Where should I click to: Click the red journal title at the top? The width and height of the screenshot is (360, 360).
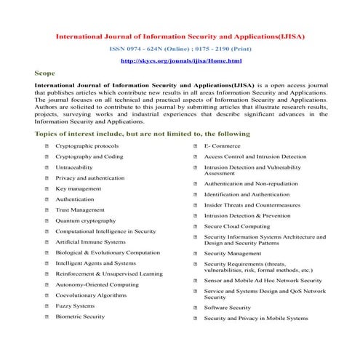(x=180, y=34)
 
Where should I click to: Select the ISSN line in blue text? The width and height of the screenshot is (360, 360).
(x=180, y=48)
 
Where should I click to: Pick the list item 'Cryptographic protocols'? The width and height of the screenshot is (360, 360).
(x=87, y=145)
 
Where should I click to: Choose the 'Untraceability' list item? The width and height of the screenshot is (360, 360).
(x=74, y=167)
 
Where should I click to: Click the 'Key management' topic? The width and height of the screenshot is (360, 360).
(x=79, y=188)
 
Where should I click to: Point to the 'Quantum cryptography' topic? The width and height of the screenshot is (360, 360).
(x=85, y=220)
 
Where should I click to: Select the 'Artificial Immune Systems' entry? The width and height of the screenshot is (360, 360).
(x=90, y=241)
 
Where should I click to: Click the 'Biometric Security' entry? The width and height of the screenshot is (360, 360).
(x=80, y=317)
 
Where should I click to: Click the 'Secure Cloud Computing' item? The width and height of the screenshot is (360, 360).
(x=241, y=226)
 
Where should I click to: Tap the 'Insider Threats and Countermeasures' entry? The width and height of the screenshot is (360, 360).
(x=257, y=205)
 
